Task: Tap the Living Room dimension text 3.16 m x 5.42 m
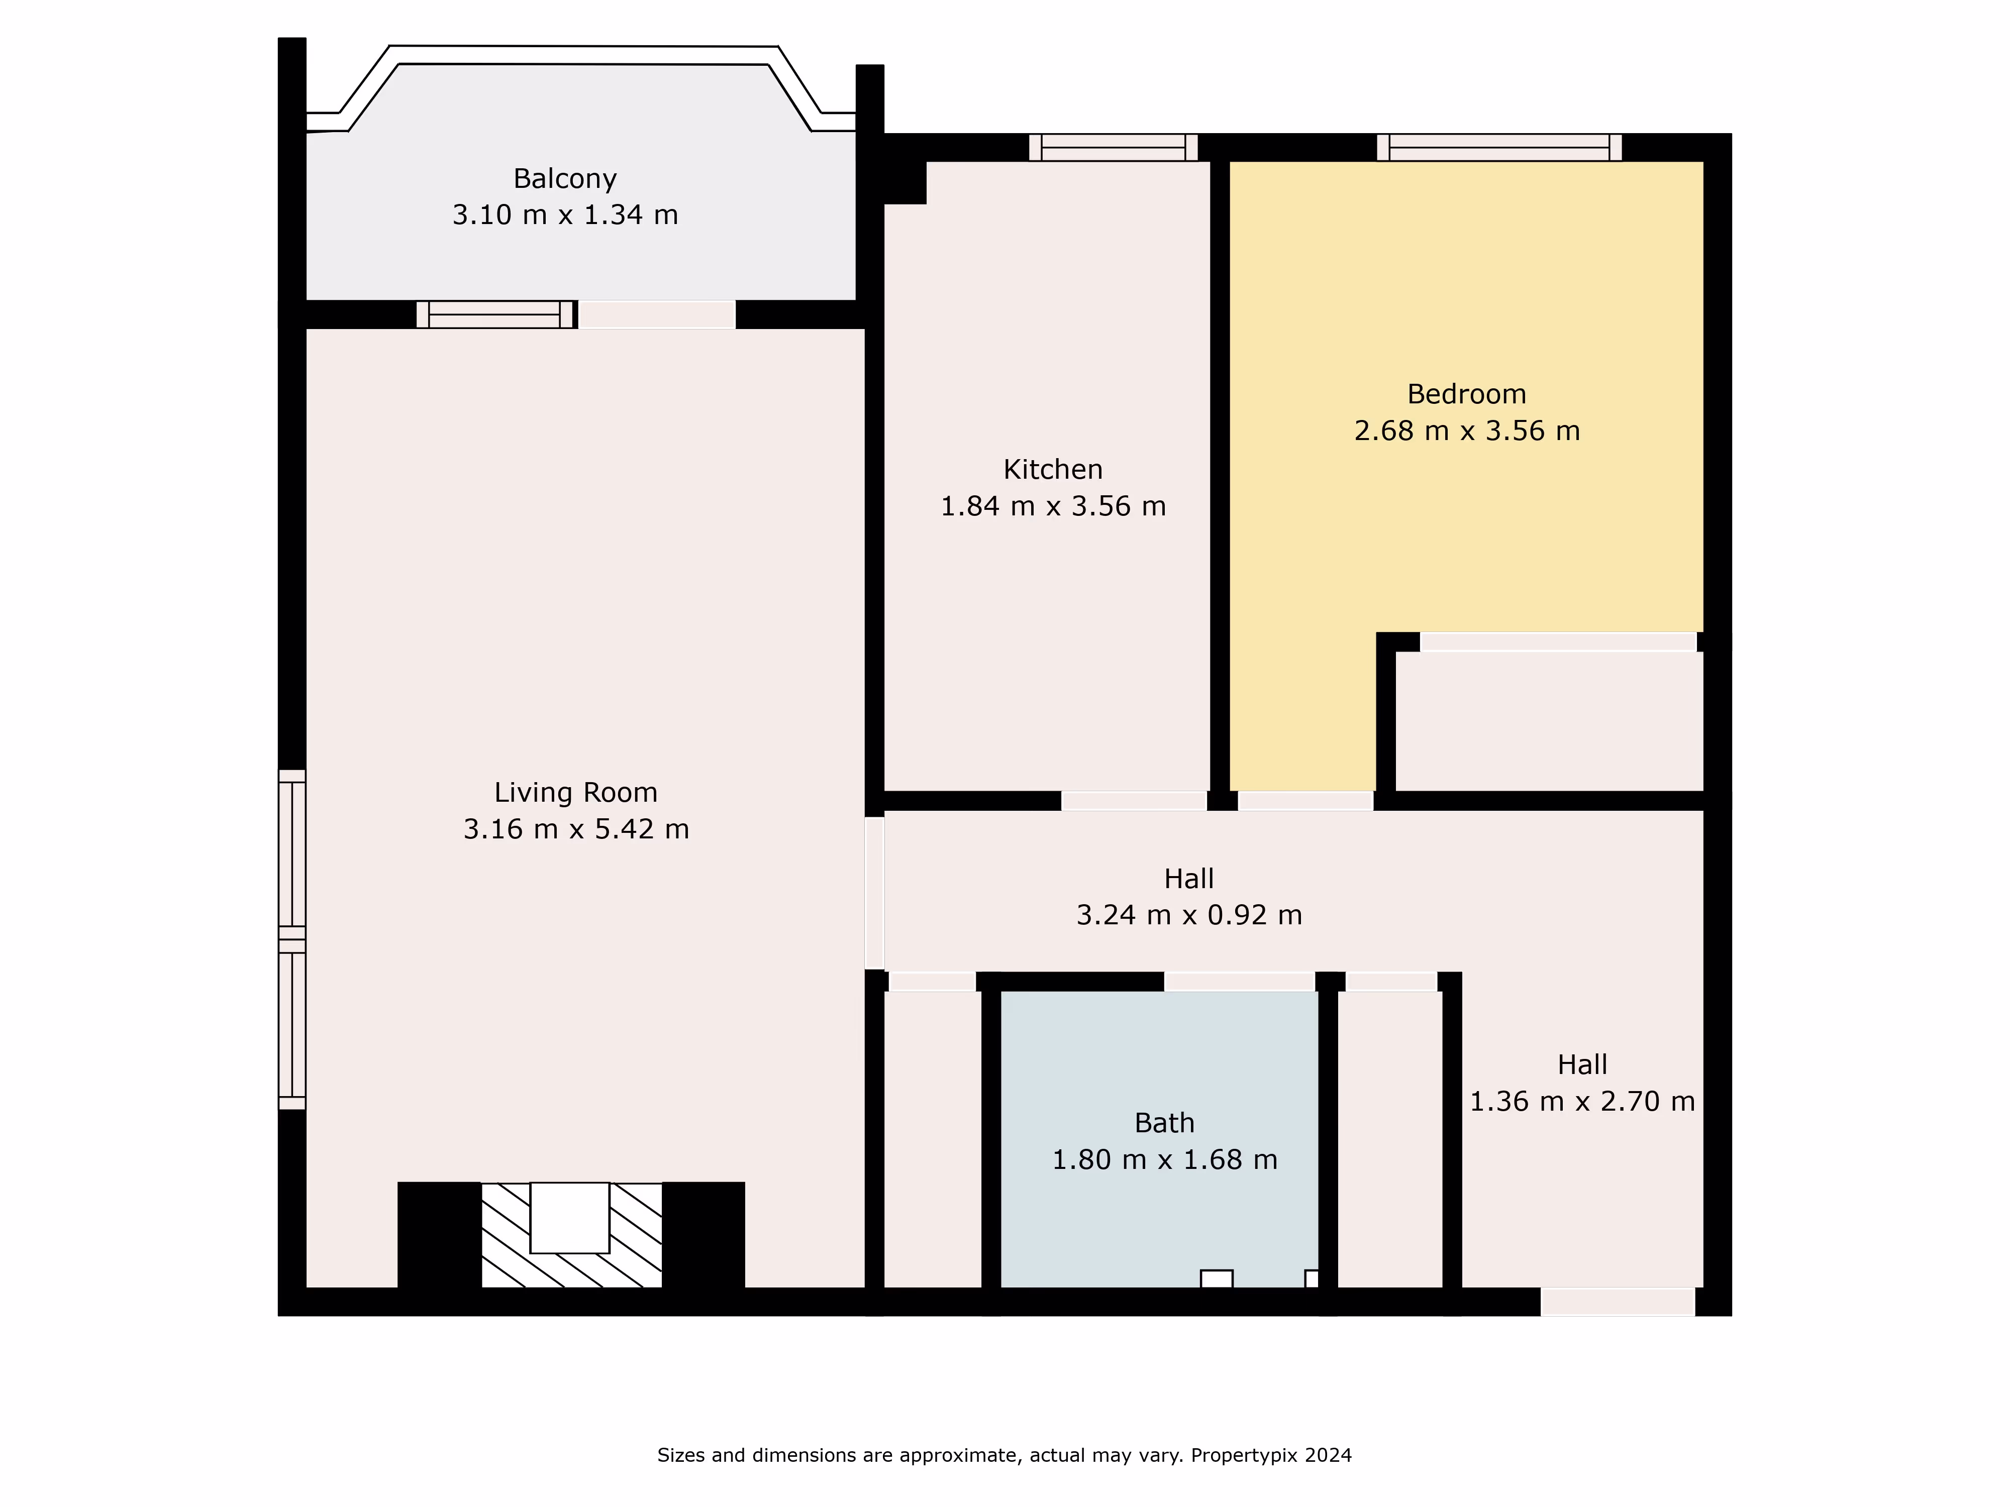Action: click(x=576, y=829)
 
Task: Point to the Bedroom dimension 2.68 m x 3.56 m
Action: click(x=1467, y=430)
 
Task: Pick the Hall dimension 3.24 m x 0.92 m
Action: click(x=1188, y=915)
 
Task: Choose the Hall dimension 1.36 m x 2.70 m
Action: click(x=1582, y=1101)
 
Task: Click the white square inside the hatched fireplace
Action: click(x=570, y=1217)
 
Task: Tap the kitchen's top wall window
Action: click(x=1113, y=147)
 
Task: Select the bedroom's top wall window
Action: click(x=1499, y=147)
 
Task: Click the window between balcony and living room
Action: click(x=495, y=314)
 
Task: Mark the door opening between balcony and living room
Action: click(x=657, y=314)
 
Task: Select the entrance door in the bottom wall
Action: click(x=1618, y=1302)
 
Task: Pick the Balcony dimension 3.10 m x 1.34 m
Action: click(x=565, y=216)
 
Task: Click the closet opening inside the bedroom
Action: click(x=1558, y=642)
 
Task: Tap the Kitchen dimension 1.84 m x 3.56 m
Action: click(x=1053, y=506)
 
